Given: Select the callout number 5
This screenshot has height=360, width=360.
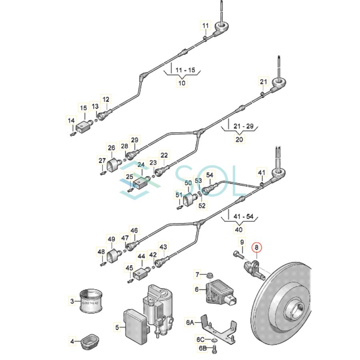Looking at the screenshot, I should (117, 327).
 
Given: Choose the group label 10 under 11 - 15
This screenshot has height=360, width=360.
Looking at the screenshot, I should (182, 83).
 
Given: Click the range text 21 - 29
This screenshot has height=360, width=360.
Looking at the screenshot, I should (239, 126).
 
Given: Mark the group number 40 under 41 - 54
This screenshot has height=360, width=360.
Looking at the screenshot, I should (239, 230).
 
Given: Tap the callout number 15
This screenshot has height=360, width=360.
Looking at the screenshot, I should (83, 108).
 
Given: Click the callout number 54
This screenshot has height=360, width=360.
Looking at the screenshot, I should (210, 175).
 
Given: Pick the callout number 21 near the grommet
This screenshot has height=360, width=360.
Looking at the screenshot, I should (263, 82).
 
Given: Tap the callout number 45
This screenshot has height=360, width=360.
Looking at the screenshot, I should (129, 268).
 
